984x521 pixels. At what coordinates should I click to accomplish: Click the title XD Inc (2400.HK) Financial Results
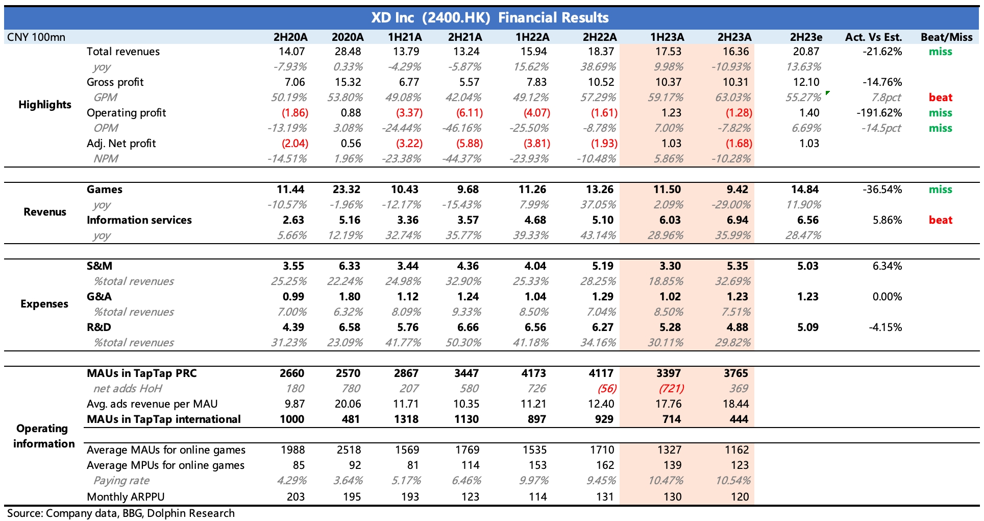pyautogui.click(x=490, y=18)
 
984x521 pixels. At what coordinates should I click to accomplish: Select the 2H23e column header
pyautogui.click(x=806, y=37)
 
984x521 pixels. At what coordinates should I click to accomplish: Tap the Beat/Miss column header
pyautogui.click(x=946, y=37)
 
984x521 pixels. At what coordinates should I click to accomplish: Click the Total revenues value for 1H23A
pyautogui.click(x=669, y=52)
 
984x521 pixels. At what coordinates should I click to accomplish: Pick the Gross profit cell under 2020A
pyautogui.click(x=348, y=82)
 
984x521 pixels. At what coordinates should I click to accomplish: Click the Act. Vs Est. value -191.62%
pyautogui.click(x=879, y=113)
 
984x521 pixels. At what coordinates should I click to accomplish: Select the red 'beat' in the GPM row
pyautogui.click(x=940, y=98)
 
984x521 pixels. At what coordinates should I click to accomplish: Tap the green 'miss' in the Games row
pyautogui.click(x=940, y=190)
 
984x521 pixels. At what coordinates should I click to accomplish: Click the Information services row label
pyautogui.click(x=139, y=220)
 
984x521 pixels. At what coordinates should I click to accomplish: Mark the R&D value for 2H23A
pyautogui.click(x=737, y=327)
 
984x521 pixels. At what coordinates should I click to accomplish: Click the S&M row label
pyautogui.click(x=100, y=266)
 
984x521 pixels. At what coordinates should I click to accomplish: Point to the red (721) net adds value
pyautogui.click(x=671, y=389)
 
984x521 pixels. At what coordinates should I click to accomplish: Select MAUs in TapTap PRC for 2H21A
pyautogui.click(x=466, y=373)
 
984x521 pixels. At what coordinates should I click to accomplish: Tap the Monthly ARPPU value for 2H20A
pyautogui.click(x=296, y=496)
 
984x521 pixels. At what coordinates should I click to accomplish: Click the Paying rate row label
pyautogui.click(x=121, y=481)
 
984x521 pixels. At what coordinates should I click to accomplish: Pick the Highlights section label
pyautogui.click(x=45, y=105)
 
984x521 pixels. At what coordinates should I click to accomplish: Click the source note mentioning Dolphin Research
pyautogui.click(x=121, y=513)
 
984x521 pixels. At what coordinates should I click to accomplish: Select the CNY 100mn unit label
pyautogui.click(x=36, y=37)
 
